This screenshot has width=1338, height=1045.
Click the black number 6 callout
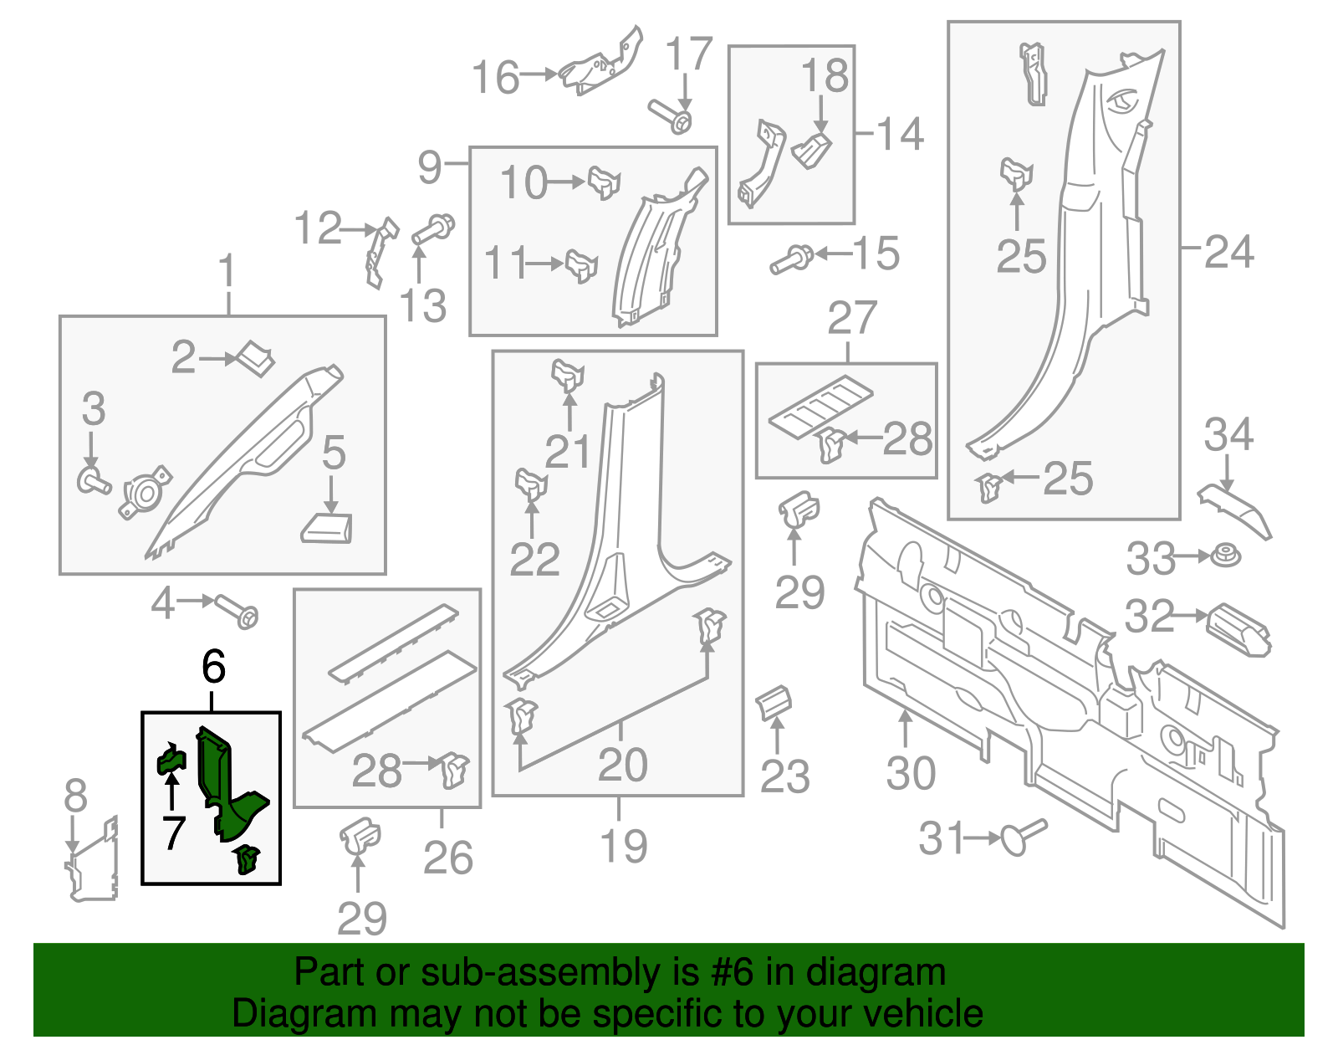(x=214, y=667)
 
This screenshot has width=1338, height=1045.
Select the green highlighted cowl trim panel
(x=226, y=782)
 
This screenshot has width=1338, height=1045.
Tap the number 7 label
(x=173, y=832)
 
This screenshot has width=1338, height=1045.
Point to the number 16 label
(x=496, y=77)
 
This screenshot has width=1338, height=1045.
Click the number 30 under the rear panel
(x=910, y=772)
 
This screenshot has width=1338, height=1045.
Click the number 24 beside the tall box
(x=1228, y=252)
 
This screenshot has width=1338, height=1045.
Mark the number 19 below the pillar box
(x=624, y=845)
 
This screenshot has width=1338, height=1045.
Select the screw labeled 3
(x=93, y=481)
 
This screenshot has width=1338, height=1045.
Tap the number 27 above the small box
(x=851, y=318)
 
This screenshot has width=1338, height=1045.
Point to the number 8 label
(x=75, y=795)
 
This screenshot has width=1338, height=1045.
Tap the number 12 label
(x=319, y=228)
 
